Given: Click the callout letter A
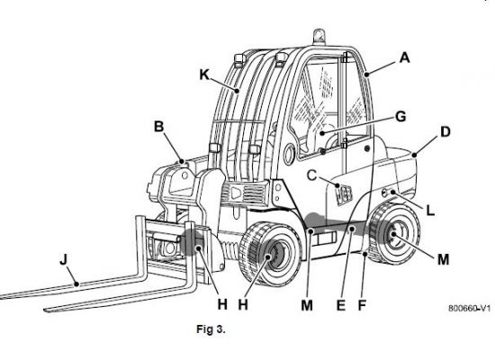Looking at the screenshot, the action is pyautogui.click(x=404, y=58).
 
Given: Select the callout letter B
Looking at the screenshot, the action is pyautogui.click(x=158, y=127).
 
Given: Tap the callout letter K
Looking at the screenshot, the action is pyautogui.click(x=204, y=75).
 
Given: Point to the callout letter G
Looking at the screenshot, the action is pyautogui.click(x=400, y=116).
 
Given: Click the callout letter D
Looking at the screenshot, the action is pyautogui.click(x=445, y=131).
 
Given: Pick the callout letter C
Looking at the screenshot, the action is pyautogui.click(x=311, y=175).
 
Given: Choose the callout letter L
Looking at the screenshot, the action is pyautogui.click(x=430, y=211).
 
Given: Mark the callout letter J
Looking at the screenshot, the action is pyautogui.click(x=64, y=260).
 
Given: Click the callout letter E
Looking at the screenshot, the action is pyautogui.click(x=340, y=305).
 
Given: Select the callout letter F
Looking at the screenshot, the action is pyautogui.click(x=362, y=305).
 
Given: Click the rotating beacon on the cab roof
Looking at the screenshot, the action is pyautogui.click(x=318, y=37).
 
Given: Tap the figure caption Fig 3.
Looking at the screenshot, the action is pyautogui.click(x=211, y=329).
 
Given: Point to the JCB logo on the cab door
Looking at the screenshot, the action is pyautogui.click(x=344, y=194).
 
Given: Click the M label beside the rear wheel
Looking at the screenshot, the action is pyautogui.click(x=443, y=259).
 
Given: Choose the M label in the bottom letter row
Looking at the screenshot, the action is pyautogui.click(x=307, y=305).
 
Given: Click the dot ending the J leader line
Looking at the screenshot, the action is pyautogui.click(x=76, y=284).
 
